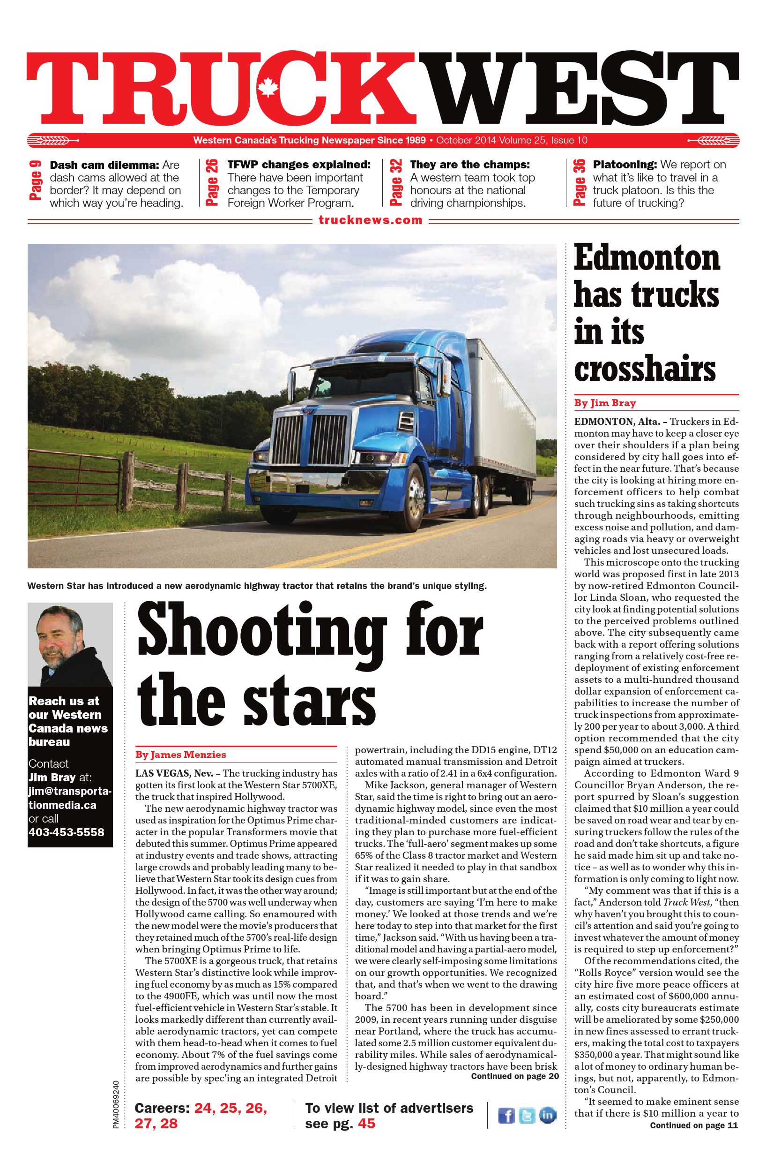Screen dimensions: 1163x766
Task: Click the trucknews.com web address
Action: coord(370,220)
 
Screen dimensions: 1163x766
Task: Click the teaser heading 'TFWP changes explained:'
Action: coord(298,165)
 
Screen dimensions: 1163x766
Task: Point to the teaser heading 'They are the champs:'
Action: coord(469,165)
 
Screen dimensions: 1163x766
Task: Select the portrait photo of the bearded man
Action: coord(70,644)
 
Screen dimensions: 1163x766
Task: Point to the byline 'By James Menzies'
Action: coord(181,755)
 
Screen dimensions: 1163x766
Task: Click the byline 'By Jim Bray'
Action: coord(604,403)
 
